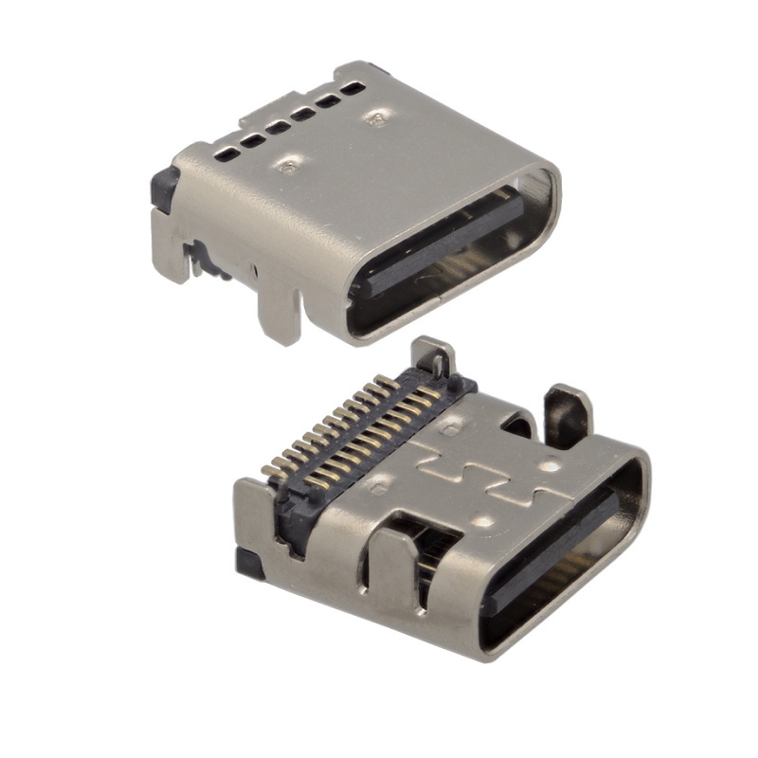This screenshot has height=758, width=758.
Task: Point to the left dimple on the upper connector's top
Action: [288, 167]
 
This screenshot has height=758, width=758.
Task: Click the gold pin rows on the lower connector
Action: [351, 426]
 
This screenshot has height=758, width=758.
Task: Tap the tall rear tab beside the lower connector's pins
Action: [435, 360]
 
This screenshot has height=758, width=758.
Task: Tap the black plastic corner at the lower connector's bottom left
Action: [249, 564]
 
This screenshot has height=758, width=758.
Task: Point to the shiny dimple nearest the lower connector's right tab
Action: [547, 466]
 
